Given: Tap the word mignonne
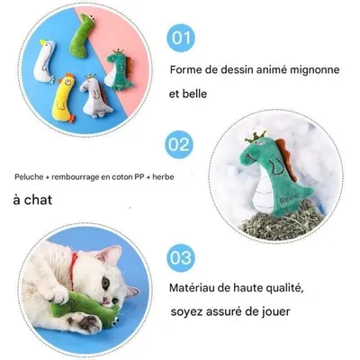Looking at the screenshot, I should [317, 68].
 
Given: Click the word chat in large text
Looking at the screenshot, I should [36, 202].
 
